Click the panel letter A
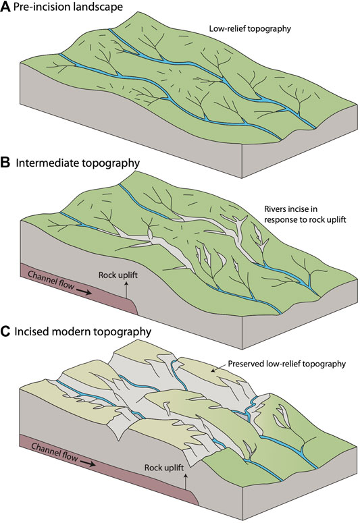[x=5, y=7]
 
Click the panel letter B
[x=5, y=163]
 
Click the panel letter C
[x=5, y=331]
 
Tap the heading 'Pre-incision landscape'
[x=68, y=7]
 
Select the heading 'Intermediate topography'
[x=78, y=163]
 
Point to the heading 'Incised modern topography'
[x=83, y=331]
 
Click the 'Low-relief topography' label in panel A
[x=250, y=29]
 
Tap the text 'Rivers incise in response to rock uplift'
[x=305, y=215]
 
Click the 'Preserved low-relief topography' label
[x=286, y=364]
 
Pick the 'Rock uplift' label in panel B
[x=118, y=275]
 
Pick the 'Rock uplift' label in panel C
[x=164, y=468]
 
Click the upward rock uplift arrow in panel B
[x=126, y=290]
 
